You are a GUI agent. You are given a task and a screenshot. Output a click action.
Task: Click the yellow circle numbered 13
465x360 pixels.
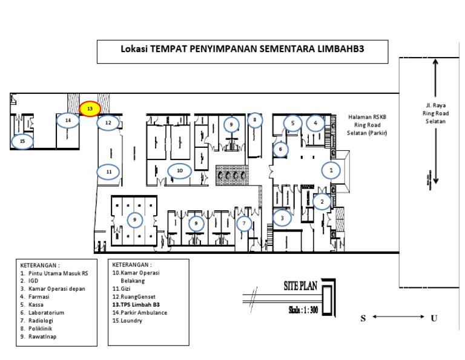[90, 108]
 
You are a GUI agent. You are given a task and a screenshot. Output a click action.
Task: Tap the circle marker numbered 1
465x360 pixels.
[331, 170]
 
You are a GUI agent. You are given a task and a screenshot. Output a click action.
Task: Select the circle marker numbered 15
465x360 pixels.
[22, 142]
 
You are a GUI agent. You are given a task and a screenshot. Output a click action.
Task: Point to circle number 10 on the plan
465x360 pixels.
[179, 172]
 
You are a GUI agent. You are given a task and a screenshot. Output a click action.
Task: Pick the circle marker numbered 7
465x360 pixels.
[244, 224]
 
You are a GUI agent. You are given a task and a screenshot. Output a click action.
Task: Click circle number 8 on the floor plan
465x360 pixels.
[255, 121]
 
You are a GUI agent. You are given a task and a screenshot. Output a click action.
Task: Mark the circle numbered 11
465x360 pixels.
[109, 172]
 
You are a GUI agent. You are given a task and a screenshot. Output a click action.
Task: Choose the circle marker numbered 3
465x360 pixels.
[282, 217]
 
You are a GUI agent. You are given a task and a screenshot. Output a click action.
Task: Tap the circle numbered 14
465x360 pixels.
[68, 121]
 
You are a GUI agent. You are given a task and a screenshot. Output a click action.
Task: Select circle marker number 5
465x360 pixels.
[292, 124]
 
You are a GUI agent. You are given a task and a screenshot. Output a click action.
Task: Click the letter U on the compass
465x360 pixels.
[434, 318]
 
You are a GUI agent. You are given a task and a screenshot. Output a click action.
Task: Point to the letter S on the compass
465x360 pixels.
[363, 318]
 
